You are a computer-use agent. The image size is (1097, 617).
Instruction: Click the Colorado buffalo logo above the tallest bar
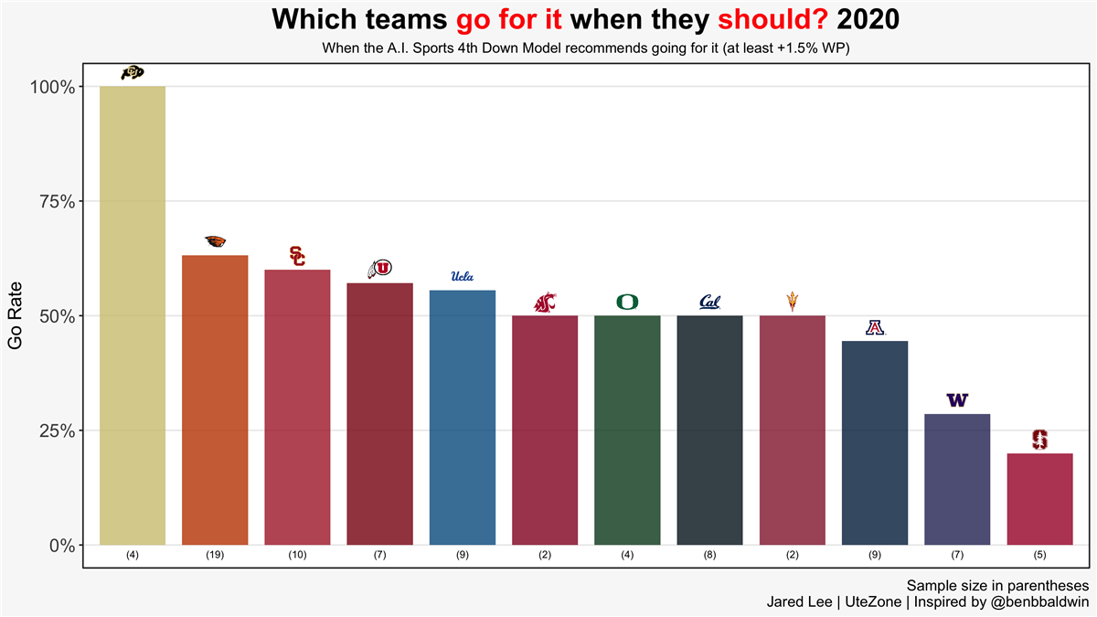click(x=133, y=73)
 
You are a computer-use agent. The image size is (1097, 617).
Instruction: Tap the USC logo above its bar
click(x=297, y=256)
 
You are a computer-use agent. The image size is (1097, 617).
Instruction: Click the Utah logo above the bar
click(x=379, y=269)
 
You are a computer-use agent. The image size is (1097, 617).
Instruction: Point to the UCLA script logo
click(x=463, y=276)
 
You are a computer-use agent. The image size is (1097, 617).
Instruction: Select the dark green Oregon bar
click(x=627, y=430)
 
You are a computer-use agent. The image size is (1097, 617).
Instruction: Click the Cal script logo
click(x=709, y=302)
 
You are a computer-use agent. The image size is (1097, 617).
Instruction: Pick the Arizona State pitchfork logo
click(x=792, y=301)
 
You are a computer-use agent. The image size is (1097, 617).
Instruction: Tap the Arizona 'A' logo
click(x=875, y=327)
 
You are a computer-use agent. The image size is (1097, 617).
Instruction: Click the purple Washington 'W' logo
click(x=957, y=400)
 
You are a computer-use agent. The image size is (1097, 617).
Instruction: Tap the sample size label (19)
click(x=215, y=555)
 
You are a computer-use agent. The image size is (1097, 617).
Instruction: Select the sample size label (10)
click(x=297, y=555)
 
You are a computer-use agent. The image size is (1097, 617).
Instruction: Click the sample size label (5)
click(x=1039, y=555)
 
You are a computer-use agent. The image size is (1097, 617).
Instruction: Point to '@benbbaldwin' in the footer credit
click(x=1041, y=602)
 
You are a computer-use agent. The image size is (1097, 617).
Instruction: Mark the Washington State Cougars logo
click(x=545, y=302)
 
